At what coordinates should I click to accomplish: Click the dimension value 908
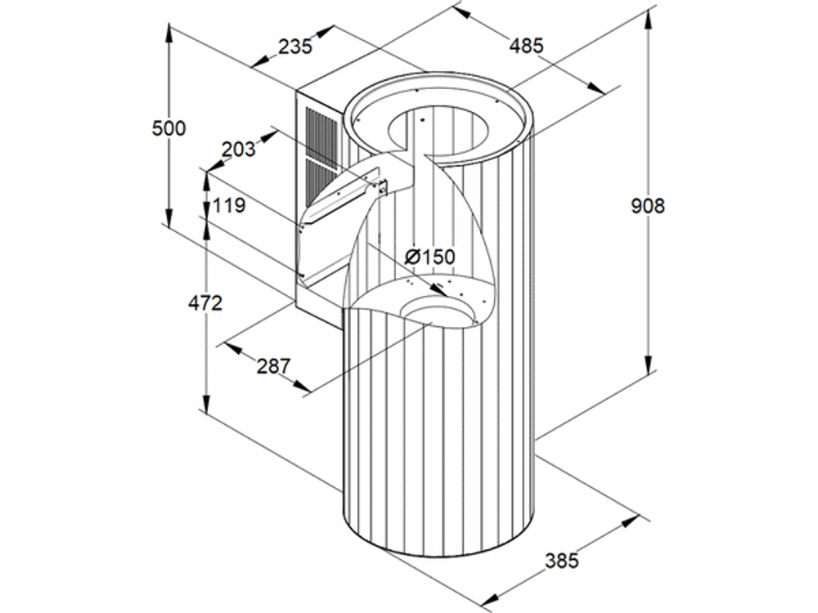click(648, 207)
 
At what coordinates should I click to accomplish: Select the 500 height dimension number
click(169, 128)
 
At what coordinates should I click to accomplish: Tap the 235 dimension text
click(294, 47)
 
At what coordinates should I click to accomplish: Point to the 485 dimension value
click(526, 46)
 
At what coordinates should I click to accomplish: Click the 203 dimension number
click(238, 150)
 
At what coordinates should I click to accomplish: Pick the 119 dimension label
click(229, 205)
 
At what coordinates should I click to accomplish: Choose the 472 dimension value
click(205, 303)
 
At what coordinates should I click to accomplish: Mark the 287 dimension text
click(273, 366)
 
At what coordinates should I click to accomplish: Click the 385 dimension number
click(562, 561)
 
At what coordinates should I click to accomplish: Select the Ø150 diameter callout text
click(430, 257)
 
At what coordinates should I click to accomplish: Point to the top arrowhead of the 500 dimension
click(169, 33)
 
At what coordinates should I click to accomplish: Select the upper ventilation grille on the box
click(321, 135)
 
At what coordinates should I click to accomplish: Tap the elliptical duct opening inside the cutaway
click(437, 310)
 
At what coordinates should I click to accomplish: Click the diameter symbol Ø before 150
click(412, 257)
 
